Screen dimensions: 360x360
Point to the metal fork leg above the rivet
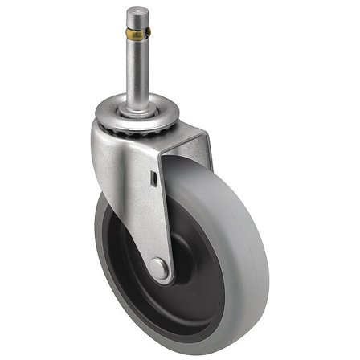[145, 217]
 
